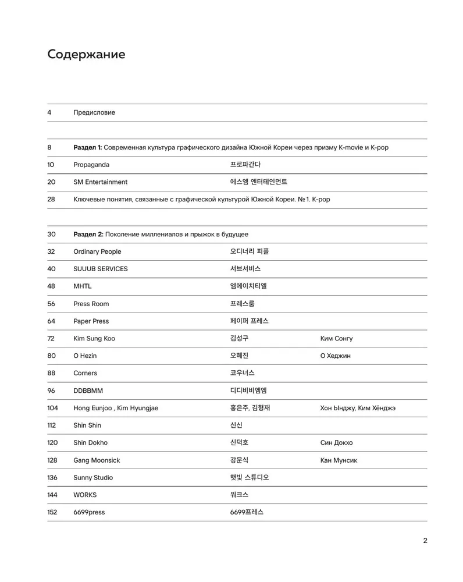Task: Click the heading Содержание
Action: click(x=86, y=55)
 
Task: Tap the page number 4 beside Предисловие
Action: click(x=49, y=112)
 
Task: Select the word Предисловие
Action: click(x=94, y=112)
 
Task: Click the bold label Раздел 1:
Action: click(x=88, y=147)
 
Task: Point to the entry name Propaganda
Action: click(x=91, y=165)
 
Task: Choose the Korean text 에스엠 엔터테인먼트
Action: click(x=258, y=182)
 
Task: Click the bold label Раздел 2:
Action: click(x=88, y=234)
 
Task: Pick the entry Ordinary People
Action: click(x=97, y=251)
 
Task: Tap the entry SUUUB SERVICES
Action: click(x=101, y=269)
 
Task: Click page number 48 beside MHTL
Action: click(x=51, y=286)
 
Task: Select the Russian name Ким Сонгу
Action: click(x=336, y=338)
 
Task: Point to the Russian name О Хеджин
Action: click(x=335, y=356)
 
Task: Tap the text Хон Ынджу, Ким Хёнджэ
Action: click(x=358, y=408)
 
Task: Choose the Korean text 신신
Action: click(x=236, y=425)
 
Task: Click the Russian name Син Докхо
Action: click(x=336, y=442)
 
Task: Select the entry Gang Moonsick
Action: click(x=97, y=460)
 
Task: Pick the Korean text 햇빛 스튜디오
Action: click(x=250, y=477)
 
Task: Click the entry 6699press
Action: click(x=89, y=512)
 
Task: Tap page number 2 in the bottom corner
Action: click(x=425, y=541)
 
